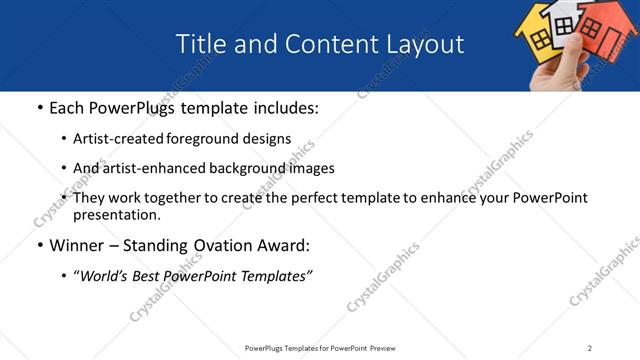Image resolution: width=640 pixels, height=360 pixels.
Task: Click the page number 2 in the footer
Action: (590, 348)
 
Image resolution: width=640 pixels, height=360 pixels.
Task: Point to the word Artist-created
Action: (120, 139)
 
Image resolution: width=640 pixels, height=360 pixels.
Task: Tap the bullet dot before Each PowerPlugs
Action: (38, 107)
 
